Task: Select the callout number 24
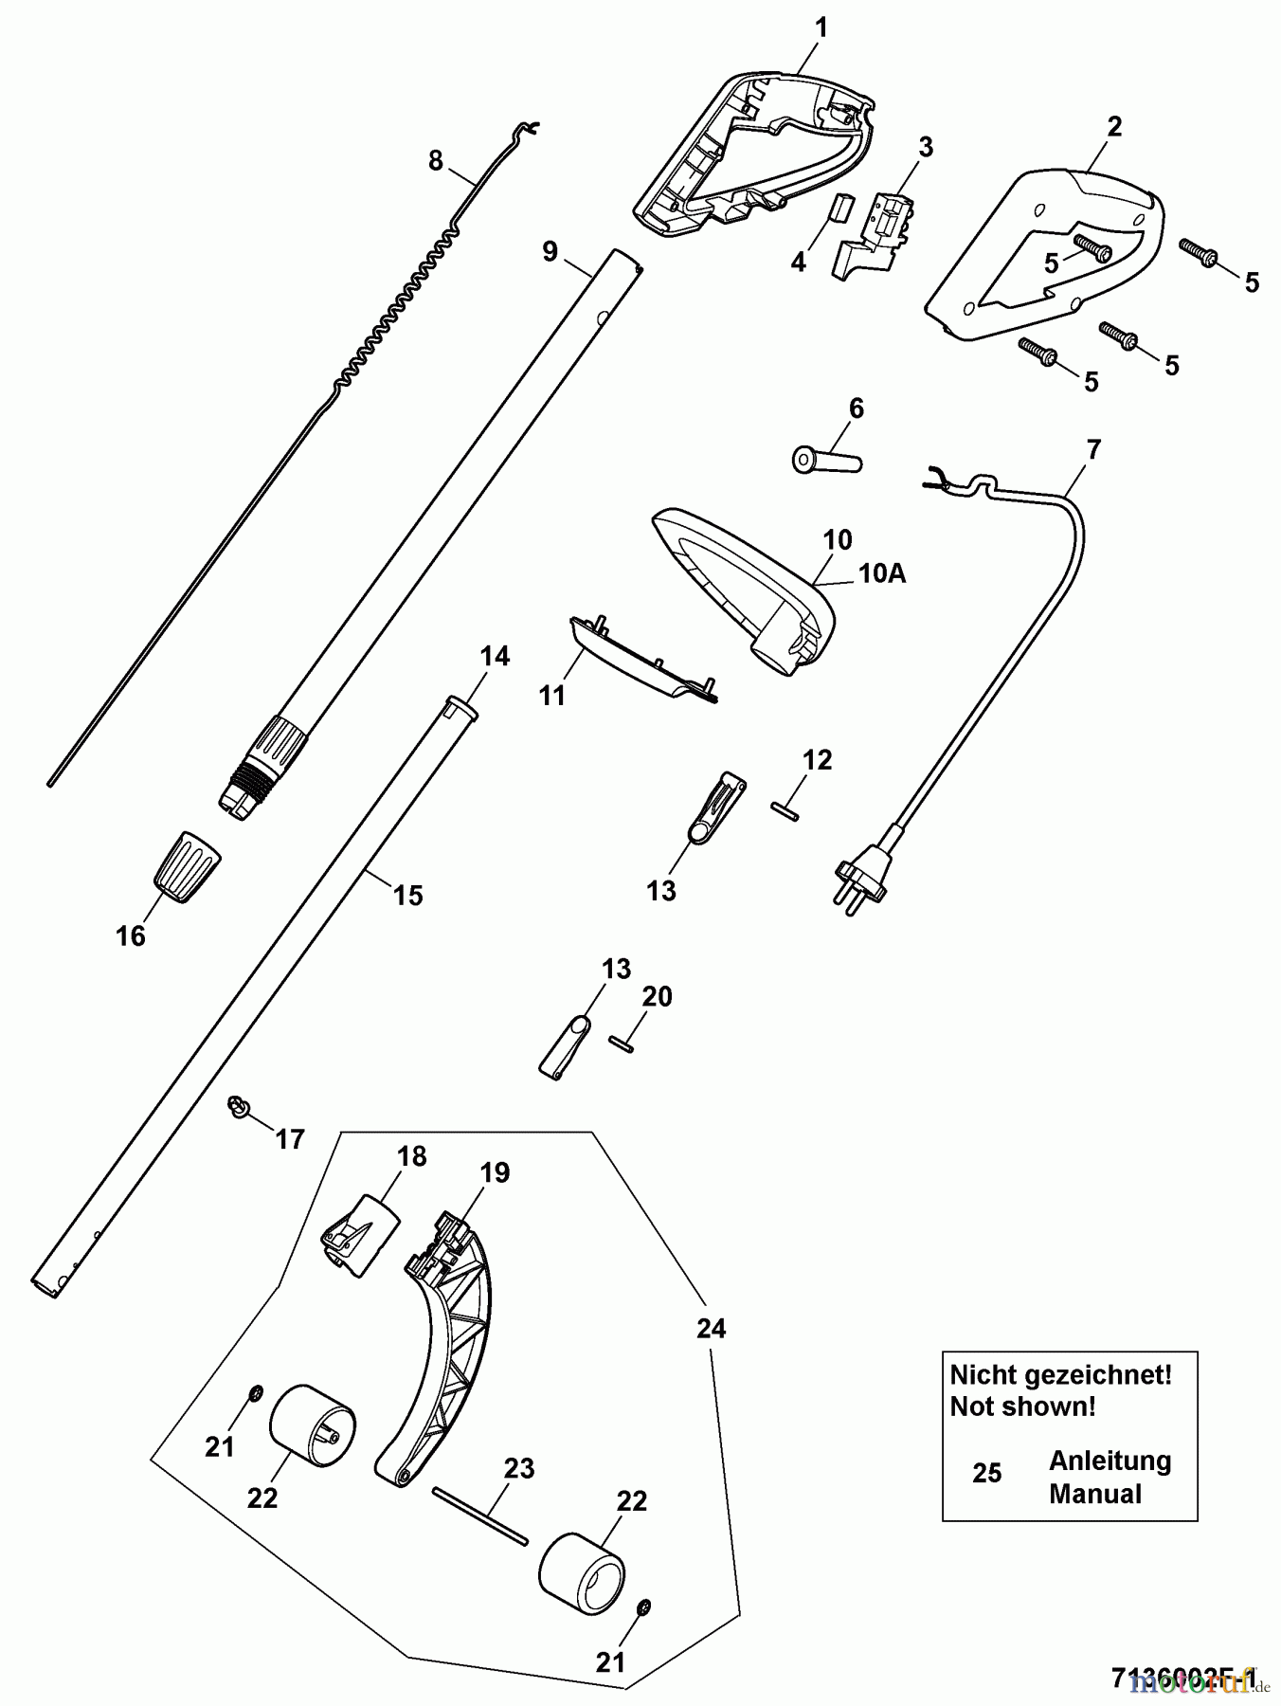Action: coord(711,1329)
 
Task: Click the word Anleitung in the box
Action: coord(1110,1461)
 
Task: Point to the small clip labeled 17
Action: coord(237,1106)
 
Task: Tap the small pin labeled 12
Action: coord(785,811)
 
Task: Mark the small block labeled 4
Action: coord(839,208)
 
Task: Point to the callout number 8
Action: coord(435,160)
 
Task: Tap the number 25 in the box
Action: coord(986,1473)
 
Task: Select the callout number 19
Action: coord(495,1172)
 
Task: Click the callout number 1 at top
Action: coord(821,28)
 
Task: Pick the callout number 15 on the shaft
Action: coord(408,895)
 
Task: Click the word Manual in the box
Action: coord(1094,1494)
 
